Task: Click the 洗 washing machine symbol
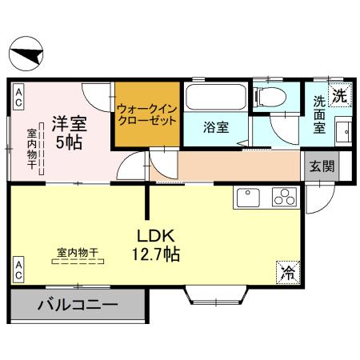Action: tap(339, 94)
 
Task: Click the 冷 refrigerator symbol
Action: tap(286, 271)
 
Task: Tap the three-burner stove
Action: tap(284, 197)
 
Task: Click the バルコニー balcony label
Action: tap(78, 305)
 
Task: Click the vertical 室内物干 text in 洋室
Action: tap(33, 149)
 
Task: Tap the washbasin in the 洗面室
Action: tap(342, 130)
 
